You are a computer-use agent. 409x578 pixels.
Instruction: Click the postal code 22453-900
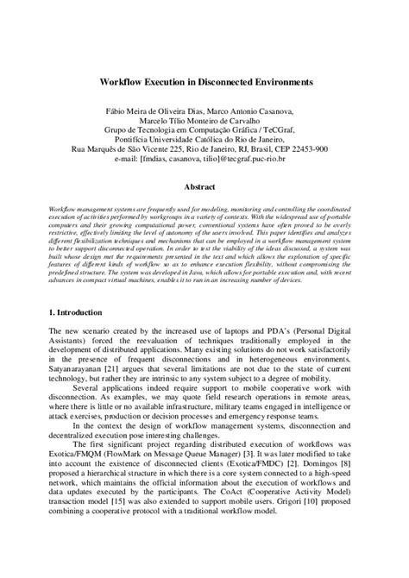coord(309,148)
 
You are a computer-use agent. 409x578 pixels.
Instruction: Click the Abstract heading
coord(204,185)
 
